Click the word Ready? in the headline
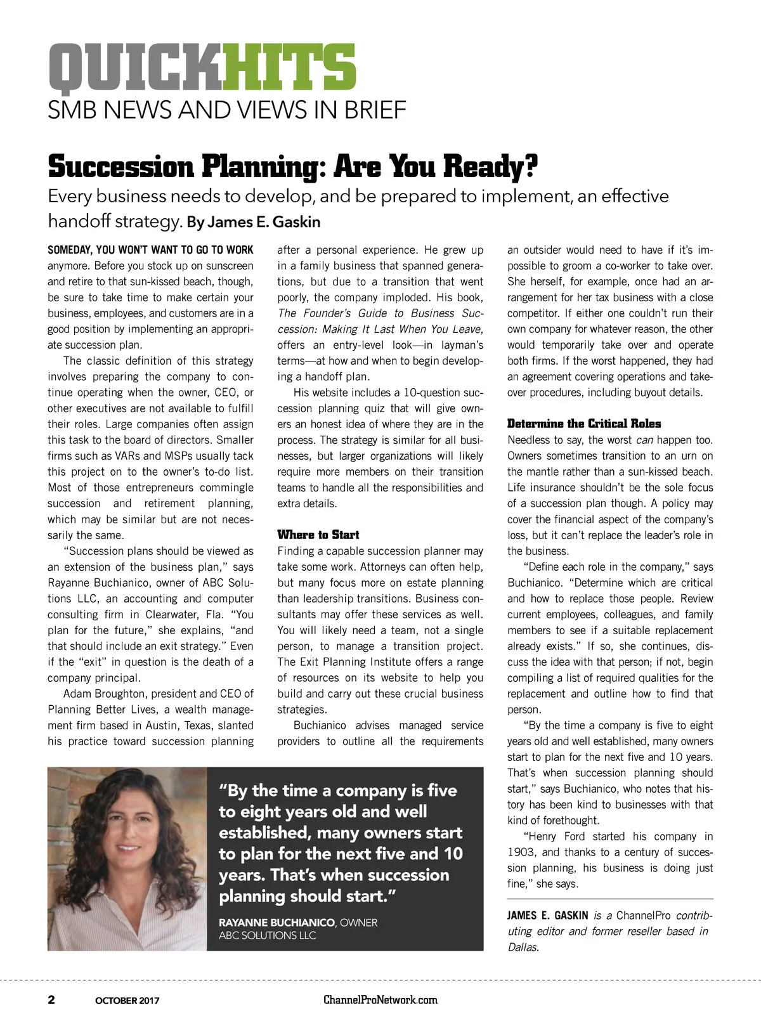(490, 166)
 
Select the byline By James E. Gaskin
(254, 222)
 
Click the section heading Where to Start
(318, 535)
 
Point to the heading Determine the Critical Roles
(584, 424)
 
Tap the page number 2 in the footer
(51, 1000)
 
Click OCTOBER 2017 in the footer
(127, 1001)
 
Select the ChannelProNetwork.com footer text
(380, 1000)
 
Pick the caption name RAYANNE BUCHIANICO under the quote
(276, 922)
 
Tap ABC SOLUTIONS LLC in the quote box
(267, 935)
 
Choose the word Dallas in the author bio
(523, 947)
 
